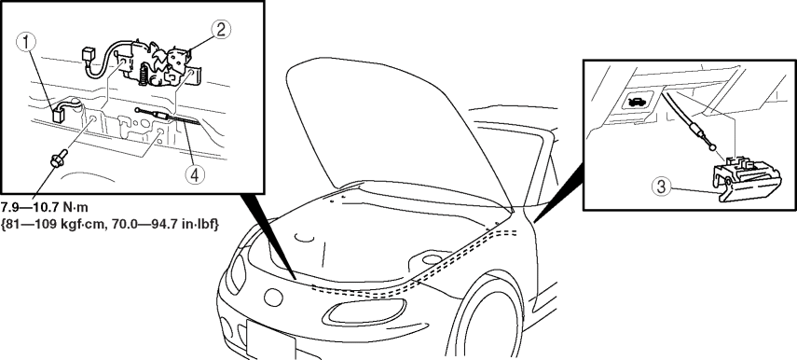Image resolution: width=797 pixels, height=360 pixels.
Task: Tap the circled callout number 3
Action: point(661,187)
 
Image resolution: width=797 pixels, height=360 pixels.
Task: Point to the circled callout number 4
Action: point(195,175)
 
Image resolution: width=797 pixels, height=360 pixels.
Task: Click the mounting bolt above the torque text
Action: point(57,158)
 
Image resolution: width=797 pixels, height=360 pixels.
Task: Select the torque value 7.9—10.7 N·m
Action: point(46,208)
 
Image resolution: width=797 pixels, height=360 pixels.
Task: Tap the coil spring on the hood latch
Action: point(144,75)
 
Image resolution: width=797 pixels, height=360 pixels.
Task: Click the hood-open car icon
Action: point(637,103)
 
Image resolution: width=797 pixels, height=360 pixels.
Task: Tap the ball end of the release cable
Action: point(714,147)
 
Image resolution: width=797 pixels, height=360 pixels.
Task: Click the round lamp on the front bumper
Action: point(273,298)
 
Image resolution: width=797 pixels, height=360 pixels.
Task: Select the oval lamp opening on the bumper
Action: point(367,312)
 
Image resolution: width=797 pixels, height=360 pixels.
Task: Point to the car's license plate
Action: point(271,339)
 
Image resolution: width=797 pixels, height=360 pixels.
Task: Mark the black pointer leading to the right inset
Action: point(558,196)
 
